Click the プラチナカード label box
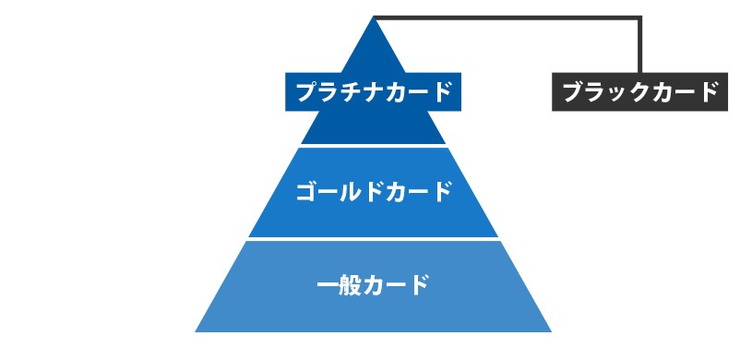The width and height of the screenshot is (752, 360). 373,91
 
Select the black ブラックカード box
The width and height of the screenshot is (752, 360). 639,92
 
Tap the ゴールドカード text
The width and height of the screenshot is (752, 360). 373,192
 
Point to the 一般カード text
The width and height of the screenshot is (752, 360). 373,283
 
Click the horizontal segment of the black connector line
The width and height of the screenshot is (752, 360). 507,18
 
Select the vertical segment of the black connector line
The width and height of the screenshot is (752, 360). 639,46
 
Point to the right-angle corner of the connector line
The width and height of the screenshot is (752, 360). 639,18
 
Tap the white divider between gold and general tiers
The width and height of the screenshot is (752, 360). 373,239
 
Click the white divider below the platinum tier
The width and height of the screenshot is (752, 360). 373,145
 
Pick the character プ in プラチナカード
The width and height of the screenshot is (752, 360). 305,91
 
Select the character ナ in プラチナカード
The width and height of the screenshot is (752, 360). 387,91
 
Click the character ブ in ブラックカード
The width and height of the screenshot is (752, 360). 572,92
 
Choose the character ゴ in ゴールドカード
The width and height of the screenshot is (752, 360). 306,192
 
